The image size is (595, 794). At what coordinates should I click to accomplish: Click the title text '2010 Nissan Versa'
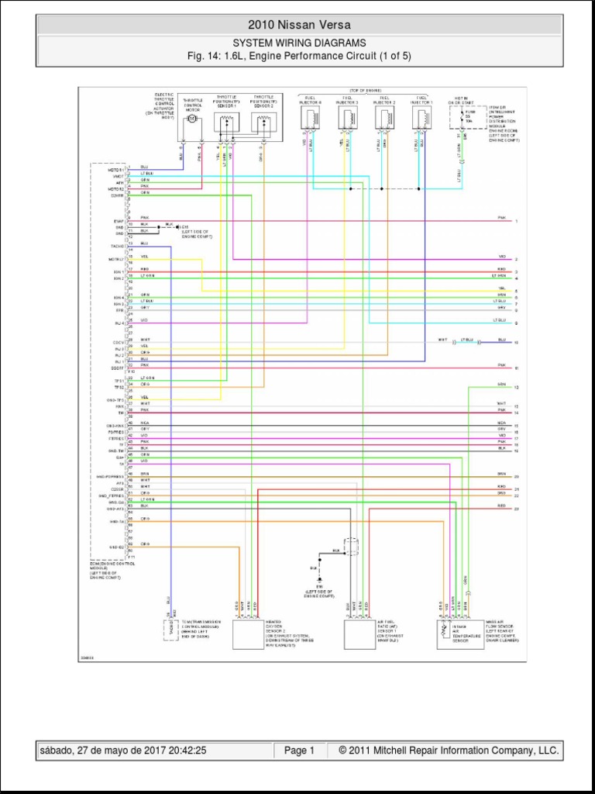coord(298,25)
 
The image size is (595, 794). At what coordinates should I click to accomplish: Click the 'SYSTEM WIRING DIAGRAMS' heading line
coord(299,43)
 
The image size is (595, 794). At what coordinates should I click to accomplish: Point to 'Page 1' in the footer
coord(299,751)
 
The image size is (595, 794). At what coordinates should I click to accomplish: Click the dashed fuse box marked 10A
coord(463,119)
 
